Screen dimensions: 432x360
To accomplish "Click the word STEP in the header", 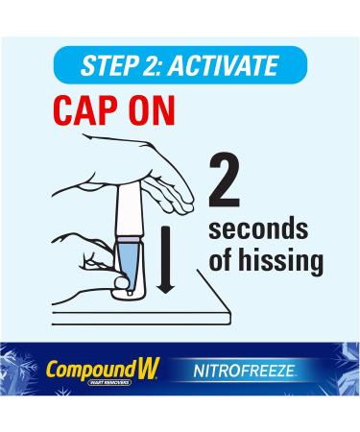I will [107, 66].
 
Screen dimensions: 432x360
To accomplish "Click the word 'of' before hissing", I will [222, 260].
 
